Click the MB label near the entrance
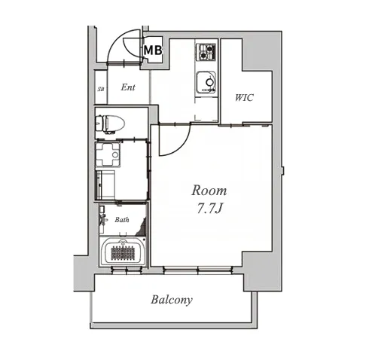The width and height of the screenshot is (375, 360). (x=153, y=50)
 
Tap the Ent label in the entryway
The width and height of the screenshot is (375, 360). (x=128, y=87)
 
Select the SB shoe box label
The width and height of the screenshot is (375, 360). (x=101, y=89)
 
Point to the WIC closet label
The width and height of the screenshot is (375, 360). (x=244, y=97)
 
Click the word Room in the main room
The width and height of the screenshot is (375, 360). (x=209, y=191)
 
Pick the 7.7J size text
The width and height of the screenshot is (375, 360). (x=209, y=208)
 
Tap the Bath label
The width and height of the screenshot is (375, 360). (x=122, y=220)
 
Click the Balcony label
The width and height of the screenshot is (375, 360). (x=172, y=300)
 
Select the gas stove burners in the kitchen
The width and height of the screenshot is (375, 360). (x=206, y=52)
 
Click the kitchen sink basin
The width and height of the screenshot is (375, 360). (x=206, y=82)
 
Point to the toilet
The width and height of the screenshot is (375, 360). (x=110, y=124)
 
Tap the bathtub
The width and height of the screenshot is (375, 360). (x=123, y=252)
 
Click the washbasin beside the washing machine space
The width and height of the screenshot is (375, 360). (x=108, y=154)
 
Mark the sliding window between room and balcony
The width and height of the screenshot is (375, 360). (x=197, y=270)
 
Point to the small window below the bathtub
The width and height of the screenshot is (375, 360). (x=127, y=270)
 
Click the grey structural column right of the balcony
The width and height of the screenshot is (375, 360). (x=262, y=271)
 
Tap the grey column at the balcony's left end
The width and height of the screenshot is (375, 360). (x=84, y=273)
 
